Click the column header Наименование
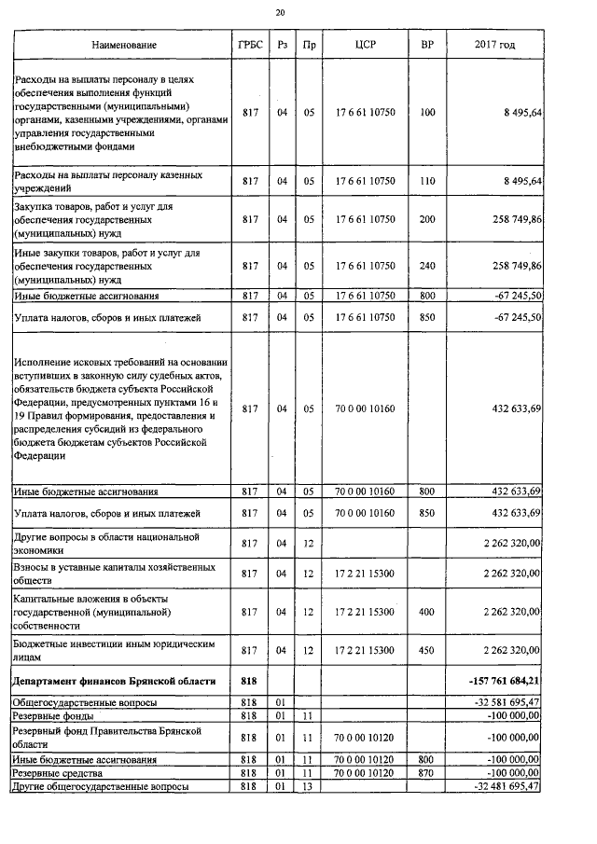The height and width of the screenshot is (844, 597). coord(124,45)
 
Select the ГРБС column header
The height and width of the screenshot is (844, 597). coord(249,45)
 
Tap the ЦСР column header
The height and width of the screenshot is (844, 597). coord(365,45)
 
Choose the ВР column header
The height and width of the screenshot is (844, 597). coord(427,45)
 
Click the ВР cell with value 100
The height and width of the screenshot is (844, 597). coord(427,113)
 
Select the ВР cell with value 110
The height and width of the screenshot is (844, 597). coord(427,181)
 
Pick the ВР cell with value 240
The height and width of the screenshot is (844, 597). coord(427,266)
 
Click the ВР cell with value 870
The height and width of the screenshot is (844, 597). coord(427,773)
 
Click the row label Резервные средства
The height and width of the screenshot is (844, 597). coord(58,773)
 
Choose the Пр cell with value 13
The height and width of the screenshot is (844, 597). coord(309,787)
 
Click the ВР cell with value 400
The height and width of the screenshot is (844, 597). coord(427,612)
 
